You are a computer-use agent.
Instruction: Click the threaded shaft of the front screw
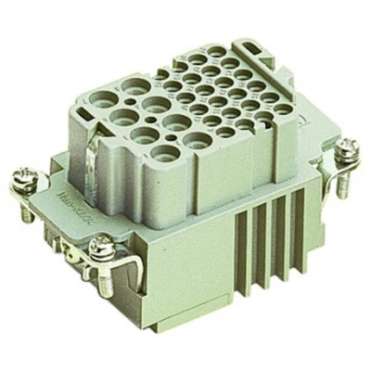click(x=104, y=278)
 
